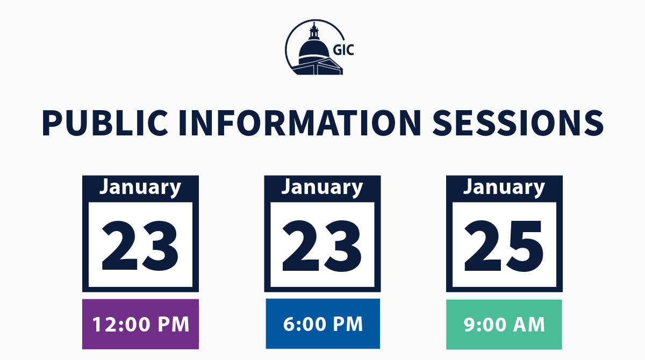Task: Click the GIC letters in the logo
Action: (x=343, y=50)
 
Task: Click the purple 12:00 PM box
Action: (x=140, y=324)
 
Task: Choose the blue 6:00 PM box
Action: (x=322, y=323)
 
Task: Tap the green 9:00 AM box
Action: (x=504, y=324)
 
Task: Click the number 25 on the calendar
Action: (x=504, y=246)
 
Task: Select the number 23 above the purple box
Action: (x=140, y=246)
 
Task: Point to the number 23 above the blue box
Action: (x=322, y=246)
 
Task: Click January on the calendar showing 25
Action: (x=504, y=187)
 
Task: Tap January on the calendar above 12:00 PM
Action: (x=140, y=187)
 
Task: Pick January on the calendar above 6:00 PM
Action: (x=322, y=187)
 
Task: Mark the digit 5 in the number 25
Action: (x=525, y=246)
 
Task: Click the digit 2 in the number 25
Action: (x=483, y=246)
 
